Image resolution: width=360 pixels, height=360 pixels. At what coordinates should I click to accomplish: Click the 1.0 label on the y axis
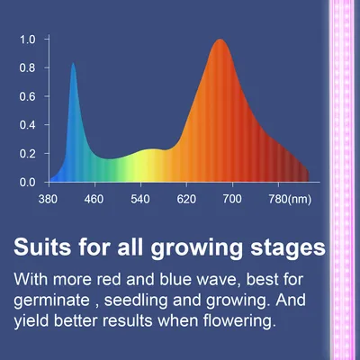[27, 40]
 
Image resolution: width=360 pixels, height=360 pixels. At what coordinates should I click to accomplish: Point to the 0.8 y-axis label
[27, 68]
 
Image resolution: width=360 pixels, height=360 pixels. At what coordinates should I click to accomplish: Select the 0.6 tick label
[27, 96]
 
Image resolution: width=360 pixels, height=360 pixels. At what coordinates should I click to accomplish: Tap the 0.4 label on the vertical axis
[27, 125]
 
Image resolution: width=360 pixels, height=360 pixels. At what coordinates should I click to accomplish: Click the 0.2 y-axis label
[27, 154]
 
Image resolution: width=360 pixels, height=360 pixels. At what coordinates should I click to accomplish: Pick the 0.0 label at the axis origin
[27, 183]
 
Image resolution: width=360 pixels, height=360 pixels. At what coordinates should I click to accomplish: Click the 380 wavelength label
[48, 199]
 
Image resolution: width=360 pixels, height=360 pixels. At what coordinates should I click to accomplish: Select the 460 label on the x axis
[94, 199]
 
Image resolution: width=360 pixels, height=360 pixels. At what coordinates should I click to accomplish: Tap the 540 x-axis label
[140, 199]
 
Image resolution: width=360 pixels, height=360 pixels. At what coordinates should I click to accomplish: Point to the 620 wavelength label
[186, 199]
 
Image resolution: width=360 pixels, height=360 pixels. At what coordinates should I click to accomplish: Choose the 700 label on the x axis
[232, 199]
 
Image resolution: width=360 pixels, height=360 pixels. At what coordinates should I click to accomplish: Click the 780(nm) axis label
[290, 200]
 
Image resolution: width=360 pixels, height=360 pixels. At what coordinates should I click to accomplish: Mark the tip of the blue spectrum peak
[73, 63]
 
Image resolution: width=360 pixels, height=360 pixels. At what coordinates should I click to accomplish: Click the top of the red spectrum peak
[220, 40]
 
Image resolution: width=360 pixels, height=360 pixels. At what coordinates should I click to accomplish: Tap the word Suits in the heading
[42, 247]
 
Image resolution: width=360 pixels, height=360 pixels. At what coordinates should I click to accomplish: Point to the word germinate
[51, 301]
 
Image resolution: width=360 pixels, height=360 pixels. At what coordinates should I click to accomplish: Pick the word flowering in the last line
[239, 320]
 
